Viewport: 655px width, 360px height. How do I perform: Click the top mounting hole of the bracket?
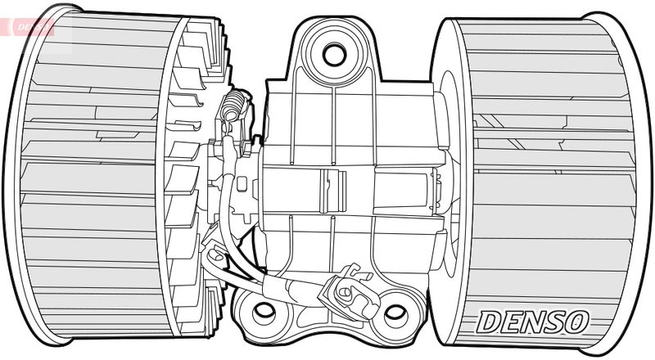(x=334, y=55)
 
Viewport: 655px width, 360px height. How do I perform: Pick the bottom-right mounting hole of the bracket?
(x=395, y=312)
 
